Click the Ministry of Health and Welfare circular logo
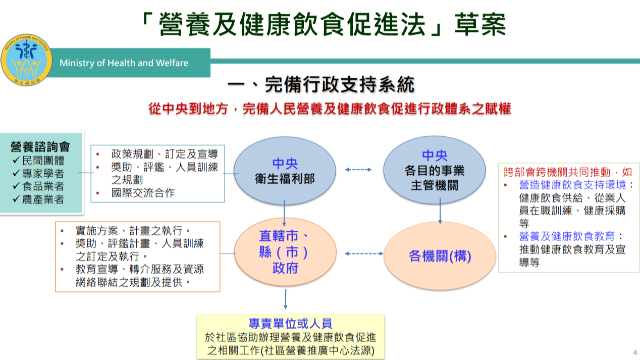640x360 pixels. pos(26,60)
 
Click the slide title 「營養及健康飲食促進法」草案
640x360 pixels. pos(324,24)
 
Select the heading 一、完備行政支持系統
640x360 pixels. pos(321,84)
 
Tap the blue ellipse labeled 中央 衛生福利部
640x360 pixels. pos(285,171)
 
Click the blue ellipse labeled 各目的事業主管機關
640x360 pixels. pos(434,170)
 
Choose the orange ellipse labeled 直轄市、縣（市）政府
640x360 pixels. pos(285,252)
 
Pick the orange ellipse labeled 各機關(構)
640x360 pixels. pos(440,255)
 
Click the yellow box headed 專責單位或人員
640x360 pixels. pos(291,337)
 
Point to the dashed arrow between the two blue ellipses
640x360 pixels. pos(358,170)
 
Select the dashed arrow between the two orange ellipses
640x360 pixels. pos(364,253)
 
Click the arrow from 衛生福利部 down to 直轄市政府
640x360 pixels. pos(284,213)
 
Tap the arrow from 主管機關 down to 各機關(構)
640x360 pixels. pos(440,211)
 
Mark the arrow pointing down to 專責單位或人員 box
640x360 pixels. pos(286,299)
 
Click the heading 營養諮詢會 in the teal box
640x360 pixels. pos(40,147)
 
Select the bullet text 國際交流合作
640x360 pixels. pos(143,193)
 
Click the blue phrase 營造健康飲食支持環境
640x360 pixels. pos(572,185)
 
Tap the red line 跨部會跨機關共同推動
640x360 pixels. pos(557,172)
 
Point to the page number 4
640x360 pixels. pos(635,352)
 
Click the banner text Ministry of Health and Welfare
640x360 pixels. pos(124,63)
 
